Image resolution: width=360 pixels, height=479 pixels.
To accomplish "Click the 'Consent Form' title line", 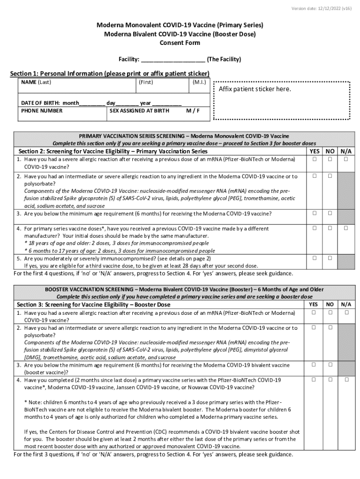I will (180, 43).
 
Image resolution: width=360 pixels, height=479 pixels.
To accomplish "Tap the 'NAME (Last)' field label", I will (36, 82).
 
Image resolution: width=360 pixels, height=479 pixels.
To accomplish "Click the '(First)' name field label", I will (146, 82).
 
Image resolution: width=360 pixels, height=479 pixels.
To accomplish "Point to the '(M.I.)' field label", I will (199, 82).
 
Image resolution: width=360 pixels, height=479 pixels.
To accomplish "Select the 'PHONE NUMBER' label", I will (42, 111).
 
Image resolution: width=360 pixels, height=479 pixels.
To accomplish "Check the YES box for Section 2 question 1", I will (315, 159).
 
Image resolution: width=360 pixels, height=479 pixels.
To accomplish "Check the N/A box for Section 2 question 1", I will (346, 159).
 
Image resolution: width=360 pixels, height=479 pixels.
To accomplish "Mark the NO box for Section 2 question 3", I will (330, 213).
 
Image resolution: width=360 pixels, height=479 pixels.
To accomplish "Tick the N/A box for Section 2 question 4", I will (346, 228).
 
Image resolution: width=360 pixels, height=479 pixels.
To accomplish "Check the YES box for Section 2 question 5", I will (315, 258).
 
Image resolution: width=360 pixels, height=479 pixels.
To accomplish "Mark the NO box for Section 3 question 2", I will (330, 327).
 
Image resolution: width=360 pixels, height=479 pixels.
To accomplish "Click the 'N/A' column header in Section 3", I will (346, 304).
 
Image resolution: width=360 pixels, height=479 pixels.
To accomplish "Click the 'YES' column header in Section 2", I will (315, 152).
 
